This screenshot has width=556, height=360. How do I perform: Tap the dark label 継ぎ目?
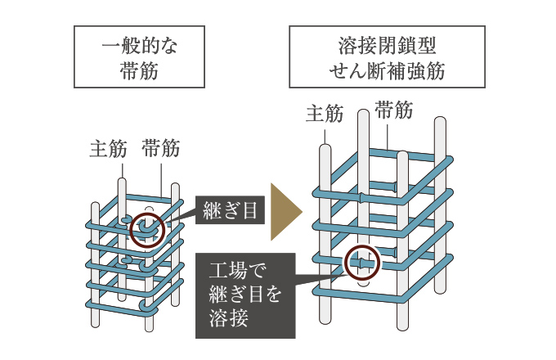click(230, 210)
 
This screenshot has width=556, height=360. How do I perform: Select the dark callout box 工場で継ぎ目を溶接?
click(245, 295)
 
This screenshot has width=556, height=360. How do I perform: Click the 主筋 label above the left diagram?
click(108, 149)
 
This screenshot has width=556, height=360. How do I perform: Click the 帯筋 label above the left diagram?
click(161, 148)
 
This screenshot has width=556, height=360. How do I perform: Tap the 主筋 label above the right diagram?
click(325, 114)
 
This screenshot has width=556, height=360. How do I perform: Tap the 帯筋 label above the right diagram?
click(394, 110)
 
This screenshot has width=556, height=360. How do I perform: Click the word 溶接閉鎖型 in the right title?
click(388, 46)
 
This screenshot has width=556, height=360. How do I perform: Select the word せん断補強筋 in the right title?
click(388, 71)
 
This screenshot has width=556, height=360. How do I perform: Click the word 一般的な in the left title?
click(139, 46)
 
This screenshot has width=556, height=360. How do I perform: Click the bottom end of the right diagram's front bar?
click(402, 329)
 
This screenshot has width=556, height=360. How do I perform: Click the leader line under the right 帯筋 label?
click(388, 137)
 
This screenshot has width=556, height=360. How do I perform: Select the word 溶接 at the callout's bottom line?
click(228, 317)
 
